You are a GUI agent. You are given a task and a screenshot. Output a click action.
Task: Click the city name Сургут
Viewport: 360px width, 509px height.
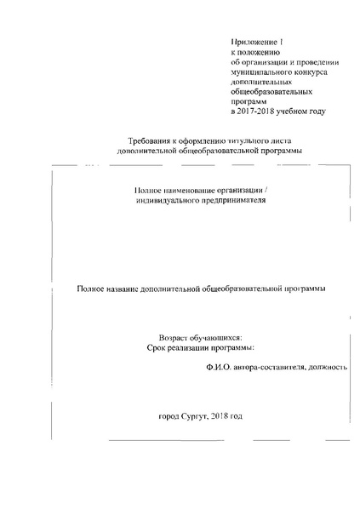pyautogui.click(x=197, y=418)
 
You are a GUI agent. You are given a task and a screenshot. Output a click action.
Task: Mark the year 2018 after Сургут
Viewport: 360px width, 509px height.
pyautogui.click(x=228, y=418)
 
